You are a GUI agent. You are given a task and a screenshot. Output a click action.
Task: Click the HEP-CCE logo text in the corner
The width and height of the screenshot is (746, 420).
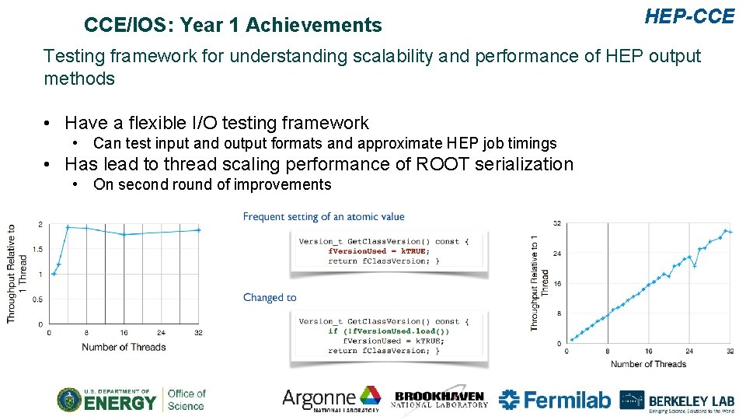click(x=689, y=16)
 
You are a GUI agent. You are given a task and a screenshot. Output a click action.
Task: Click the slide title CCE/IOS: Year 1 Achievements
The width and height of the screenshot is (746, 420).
click(x=232, y=26)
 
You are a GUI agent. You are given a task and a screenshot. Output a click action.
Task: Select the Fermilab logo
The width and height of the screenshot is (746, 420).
click(x=554, y=400)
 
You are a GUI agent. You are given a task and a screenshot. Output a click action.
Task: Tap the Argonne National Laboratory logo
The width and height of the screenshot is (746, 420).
click(x=331, y=399)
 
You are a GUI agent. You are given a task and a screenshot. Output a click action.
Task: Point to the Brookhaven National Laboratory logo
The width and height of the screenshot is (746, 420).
click(x=440, y=399)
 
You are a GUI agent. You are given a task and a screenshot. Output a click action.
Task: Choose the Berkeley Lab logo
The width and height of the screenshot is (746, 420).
click(x=677, y=400)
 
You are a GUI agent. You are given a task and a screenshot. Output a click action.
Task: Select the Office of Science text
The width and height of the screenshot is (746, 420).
click(x=186, y=399)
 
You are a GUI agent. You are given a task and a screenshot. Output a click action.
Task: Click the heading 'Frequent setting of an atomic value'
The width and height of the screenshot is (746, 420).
click(x=323, y=217)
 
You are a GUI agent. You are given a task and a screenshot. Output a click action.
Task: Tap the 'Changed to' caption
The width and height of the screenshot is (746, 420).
click(x=270, y=297)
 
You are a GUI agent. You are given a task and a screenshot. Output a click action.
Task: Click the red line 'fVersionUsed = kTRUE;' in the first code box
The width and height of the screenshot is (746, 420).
click(x=378, y=251)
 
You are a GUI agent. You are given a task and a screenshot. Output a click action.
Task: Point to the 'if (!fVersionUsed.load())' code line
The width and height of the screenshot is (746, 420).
click(x=389, y=331)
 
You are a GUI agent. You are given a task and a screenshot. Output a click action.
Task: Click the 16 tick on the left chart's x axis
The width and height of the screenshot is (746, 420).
click(x=124, y=333)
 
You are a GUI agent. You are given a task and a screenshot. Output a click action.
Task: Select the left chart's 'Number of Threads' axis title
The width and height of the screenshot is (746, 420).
click(x=124, y=347)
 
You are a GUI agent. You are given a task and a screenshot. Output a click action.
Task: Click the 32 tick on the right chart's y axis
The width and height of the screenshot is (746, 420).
click(x=557, y=224)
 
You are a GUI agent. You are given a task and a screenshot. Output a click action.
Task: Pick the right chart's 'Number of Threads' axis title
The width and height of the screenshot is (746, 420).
click(x=648, y=364)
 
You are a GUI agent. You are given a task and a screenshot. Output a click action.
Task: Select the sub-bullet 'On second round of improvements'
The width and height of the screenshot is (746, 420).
click(x=211, y=184)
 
